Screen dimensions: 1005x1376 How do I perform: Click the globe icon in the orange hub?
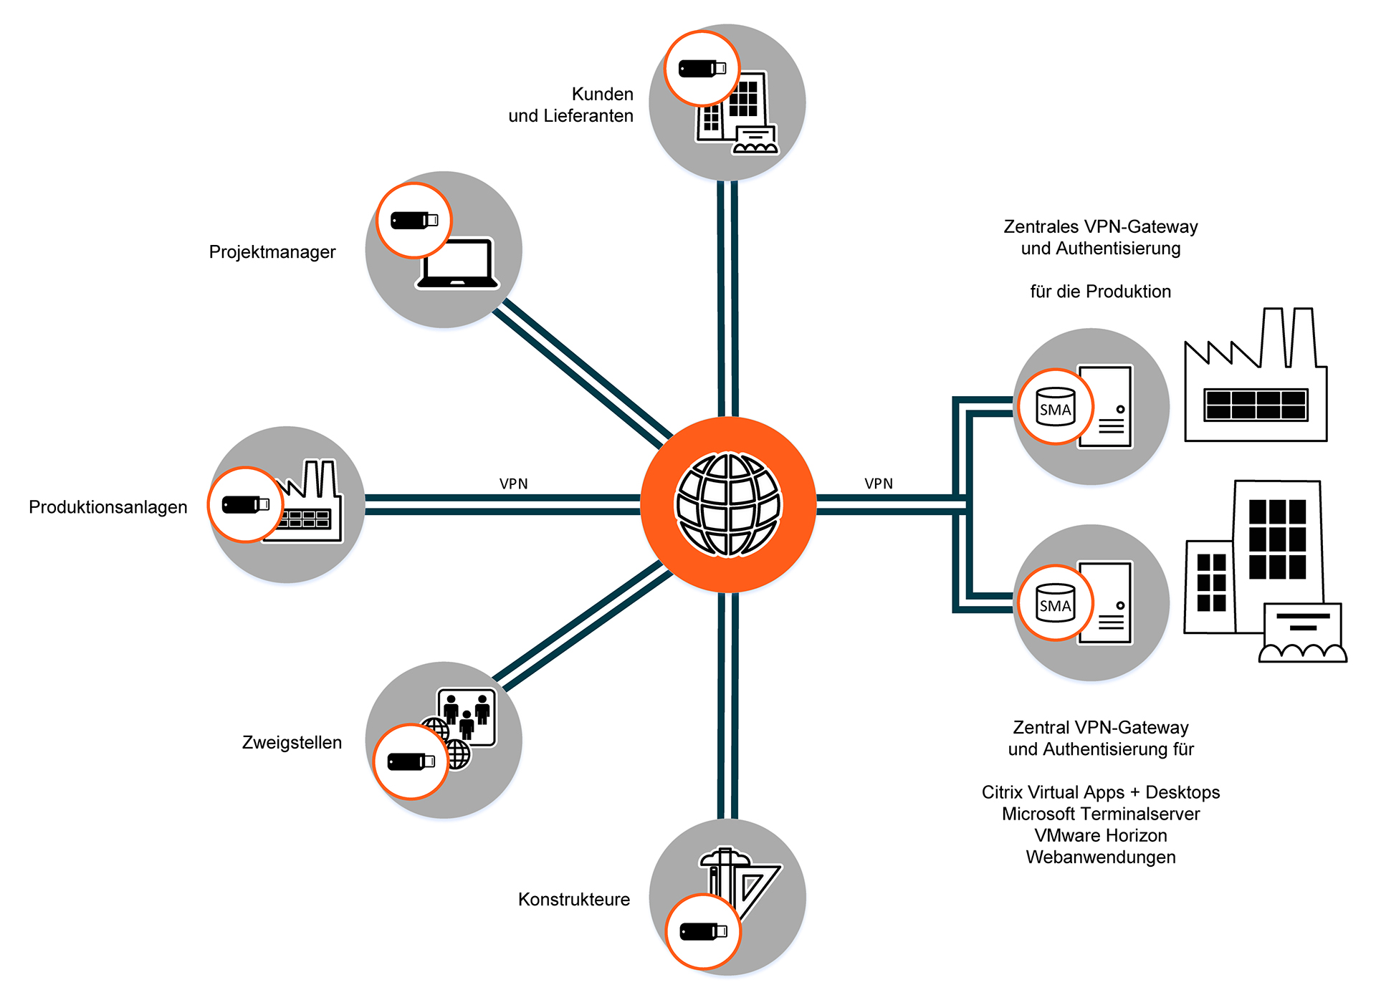click(x=728, y=505)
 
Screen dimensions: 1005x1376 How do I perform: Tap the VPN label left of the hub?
click(x=513, y=484)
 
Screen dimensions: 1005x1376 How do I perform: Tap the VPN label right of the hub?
click(x=879, y=484)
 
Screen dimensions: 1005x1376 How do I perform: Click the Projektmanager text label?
click(x=272, y=252)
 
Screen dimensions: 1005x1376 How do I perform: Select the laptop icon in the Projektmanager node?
click(x=458, y=264)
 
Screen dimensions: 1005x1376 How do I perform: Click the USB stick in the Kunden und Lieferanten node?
click(x=702, y=69)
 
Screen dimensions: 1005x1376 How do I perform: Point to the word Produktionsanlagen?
click(x=108, y=507)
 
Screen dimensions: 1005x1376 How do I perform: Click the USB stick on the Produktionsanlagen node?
click(x=245, y=505)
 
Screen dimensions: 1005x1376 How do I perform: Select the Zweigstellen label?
click(x=292, y=743)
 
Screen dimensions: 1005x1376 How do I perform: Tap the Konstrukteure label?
click(x=574, y=900)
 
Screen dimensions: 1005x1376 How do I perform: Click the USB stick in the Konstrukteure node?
click(x=703, y=931)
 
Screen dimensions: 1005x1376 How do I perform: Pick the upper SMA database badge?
click(x=1055, y=407)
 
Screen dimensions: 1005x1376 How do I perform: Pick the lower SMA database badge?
click(x=1055, y=603)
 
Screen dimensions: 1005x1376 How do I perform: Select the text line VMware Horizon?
click(x=1101, y=836)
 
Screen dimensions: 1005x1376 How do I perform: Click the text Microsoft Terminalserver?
click(x=1101, y=814)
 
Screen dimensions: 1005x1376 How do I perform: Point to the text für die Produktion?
click(x=1101, y=292)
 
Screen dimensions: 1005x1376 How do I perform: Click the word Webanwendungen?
click(x=1101, y=857)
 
